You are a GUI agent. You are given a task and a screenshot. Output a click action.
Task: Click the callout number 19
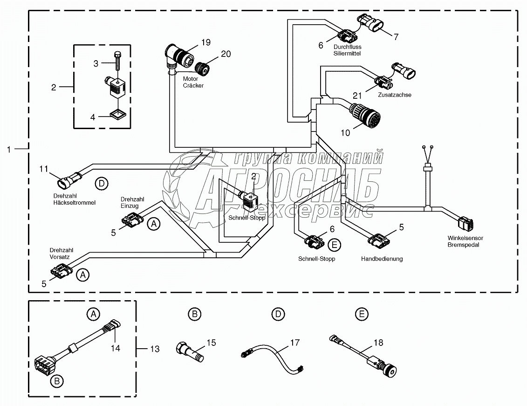[x=206, y=42]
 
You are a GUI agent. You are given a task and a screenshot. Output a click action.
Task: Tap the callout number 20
[x=226, y=54]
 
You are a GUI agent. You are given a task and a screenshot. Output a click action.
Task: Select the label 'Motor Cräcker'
[x=193, y=82]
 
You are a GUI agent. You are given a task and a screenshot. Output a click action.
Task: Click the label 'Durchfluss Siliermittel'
[x=347, y=50]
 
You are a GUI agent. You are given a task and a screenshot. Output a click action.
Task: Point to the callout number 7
[x=396, y=37]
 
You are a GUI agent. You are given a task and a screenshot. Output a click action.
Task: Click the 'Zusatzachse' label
[x=396, y=95]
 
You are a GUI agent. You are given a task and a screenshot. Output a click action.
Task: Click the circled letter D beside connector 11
[x=102, y=183]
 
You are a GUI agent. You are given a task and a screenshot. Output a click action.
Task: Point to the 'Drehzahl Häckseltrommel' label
[x=75, y=199]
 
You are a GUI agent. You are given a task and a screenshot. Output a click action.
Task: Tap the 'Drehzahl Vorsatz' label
[x=62, y=253]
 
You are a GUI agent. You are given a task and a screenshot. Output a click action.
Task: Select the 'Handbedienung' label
[x=382, y=258]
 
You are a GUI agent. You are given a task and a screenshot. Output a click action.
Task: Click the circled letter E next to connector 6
[x=334, y=244]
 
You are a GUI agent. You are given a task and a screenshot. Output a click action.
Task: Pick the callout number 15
[x=211, y=343]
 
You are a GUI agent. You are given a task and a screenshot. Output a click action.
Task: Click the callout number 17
[x=294, y=343]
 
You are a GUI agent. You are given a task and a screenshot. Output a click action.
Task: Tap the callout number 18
[x=378, y=343]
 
